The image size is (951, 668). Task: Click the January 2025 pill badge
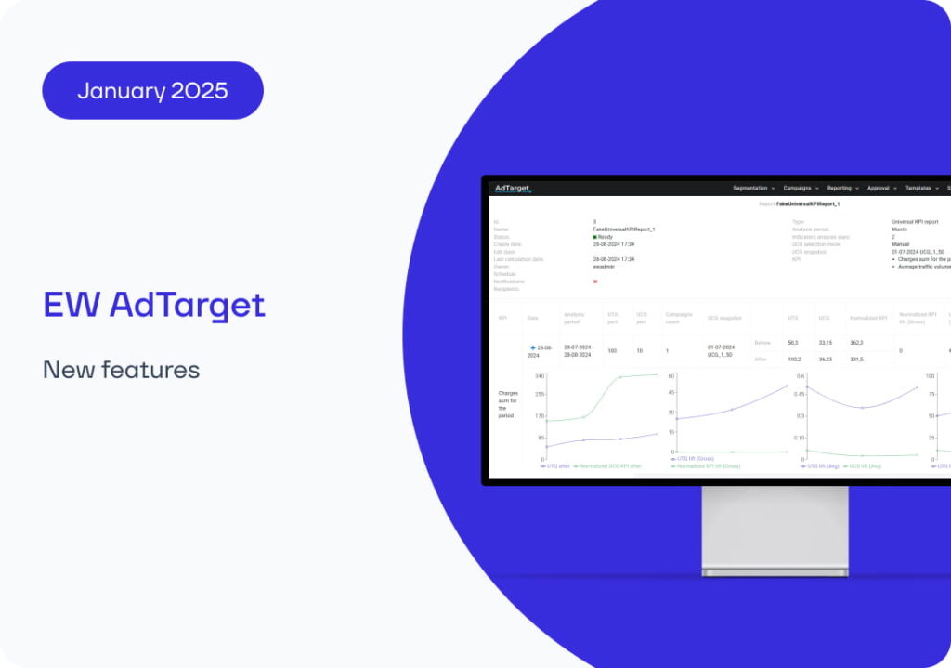click(152, 90)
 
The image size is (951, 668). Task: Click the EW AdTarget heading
click(154, 305)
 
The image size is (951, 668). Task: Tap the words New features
click(121, 370)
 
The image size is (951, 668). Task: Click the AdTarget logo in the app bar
click(512, 188)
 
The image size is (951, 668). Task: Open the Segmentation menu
click(753, 188)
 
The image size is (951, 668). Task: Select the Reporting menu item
click(842, 188)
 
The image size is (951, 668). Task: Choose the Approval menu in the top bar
click(881, 188)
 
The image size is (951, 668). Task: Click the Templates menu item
click(921, 188)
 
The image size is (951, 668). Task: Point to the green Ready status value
click(603, 237)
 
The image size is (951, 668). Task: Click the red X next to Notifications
click(595, 281)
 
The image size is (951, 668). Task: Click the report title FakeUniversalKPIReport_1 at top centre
click(807, 203)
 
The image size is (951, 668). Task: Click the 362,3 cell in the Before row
click(856, 343)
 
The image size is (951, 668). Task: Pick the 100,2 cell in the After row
click(794, 359)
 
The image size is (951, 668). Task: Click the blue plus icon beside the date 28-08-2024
click(533, 347)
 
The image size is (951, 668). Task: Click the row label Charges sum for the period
click(508, 404)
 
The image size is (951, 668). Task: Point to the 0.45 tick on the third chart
click(799, 393)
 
